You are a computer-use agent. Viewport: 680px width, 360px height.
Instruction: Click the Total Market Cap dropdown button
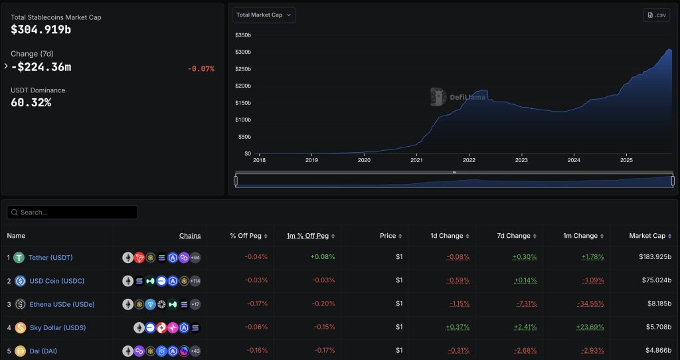coord(264,15)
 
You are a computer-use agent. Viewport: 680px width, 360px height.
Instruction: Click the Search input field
coord(72,213)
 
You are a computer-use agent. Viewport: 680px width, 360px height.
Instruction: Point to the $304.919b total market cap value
coord(41,30)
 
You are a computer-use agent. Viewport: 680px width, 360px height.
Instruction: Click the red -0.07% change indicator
coord(201,68)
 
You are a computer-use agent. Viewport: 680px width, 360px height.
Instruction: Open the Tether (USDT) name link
coord(50,258)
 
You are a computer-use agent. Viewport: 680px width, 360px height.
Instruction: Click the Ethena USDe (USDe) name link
coord(62,304)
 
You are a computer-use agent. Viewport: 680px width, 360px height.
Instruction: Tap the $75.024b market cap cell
coord(653,280)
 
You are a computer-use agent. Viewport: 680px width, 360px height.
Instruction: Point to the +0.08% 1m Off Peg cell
coord(323,257)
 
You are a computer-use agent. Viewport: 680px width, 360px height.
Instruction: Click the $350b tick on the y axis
coord(243,35)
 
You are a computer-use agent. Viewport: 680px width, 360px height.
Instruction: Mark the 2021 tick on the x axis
coord(416,160)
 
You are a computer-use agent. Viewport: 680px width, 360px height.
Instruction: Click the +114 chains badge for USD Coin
coord(195,281)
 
